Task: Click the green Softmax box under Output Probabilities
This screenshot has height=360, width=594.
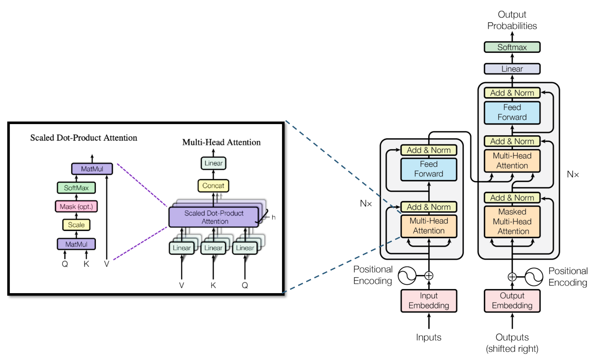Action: [512, 47]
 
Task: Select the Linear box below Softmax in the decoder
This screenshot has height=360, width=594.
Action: [512, 69]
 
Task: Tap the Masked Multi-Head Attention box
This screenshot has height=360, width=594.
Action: [512, 222]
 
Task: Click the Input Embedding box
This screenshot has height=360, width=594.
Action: [429, 301]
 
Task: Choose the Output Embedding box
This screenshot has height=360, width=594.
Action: [512, 301]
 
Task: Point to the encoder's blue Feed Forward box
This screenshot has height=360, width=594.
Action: [429, 169]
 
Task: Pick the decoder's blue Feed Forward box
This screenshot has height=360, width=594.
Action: [512, 112]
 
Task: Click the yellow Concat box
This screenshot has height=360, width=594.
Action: [213, 186]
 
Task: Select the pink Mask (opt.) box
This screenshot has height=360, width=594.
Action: [76, 207]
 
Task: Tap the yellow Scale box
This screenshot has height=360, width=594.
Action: [76, 225]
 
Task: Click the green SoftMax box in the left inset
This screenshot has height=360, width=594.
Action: [76, 188]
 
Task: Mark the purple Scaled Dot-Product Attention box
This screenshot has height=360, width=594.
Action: [214, 217]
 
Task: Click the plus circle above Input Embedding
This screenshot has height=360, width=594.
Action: [429, 276]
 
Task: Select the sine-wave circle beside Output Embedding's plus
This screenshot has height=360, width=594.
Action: [534, 277]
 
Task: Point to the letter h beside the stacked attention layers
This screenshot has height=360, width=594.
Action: [274, 217]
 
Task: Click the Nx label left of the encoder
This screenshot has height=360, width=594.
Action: [366, 204]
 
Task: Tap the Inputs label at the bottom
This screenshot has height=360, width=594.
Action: [428, 337]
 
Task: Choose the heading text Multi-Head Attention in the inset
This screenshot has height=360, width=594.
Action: [221, 142]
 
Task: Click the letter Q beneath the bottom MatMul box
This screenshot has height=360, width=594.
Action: [65, 264]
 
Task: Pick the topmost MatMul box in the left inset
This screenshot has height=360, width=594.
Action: [92, 169]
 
